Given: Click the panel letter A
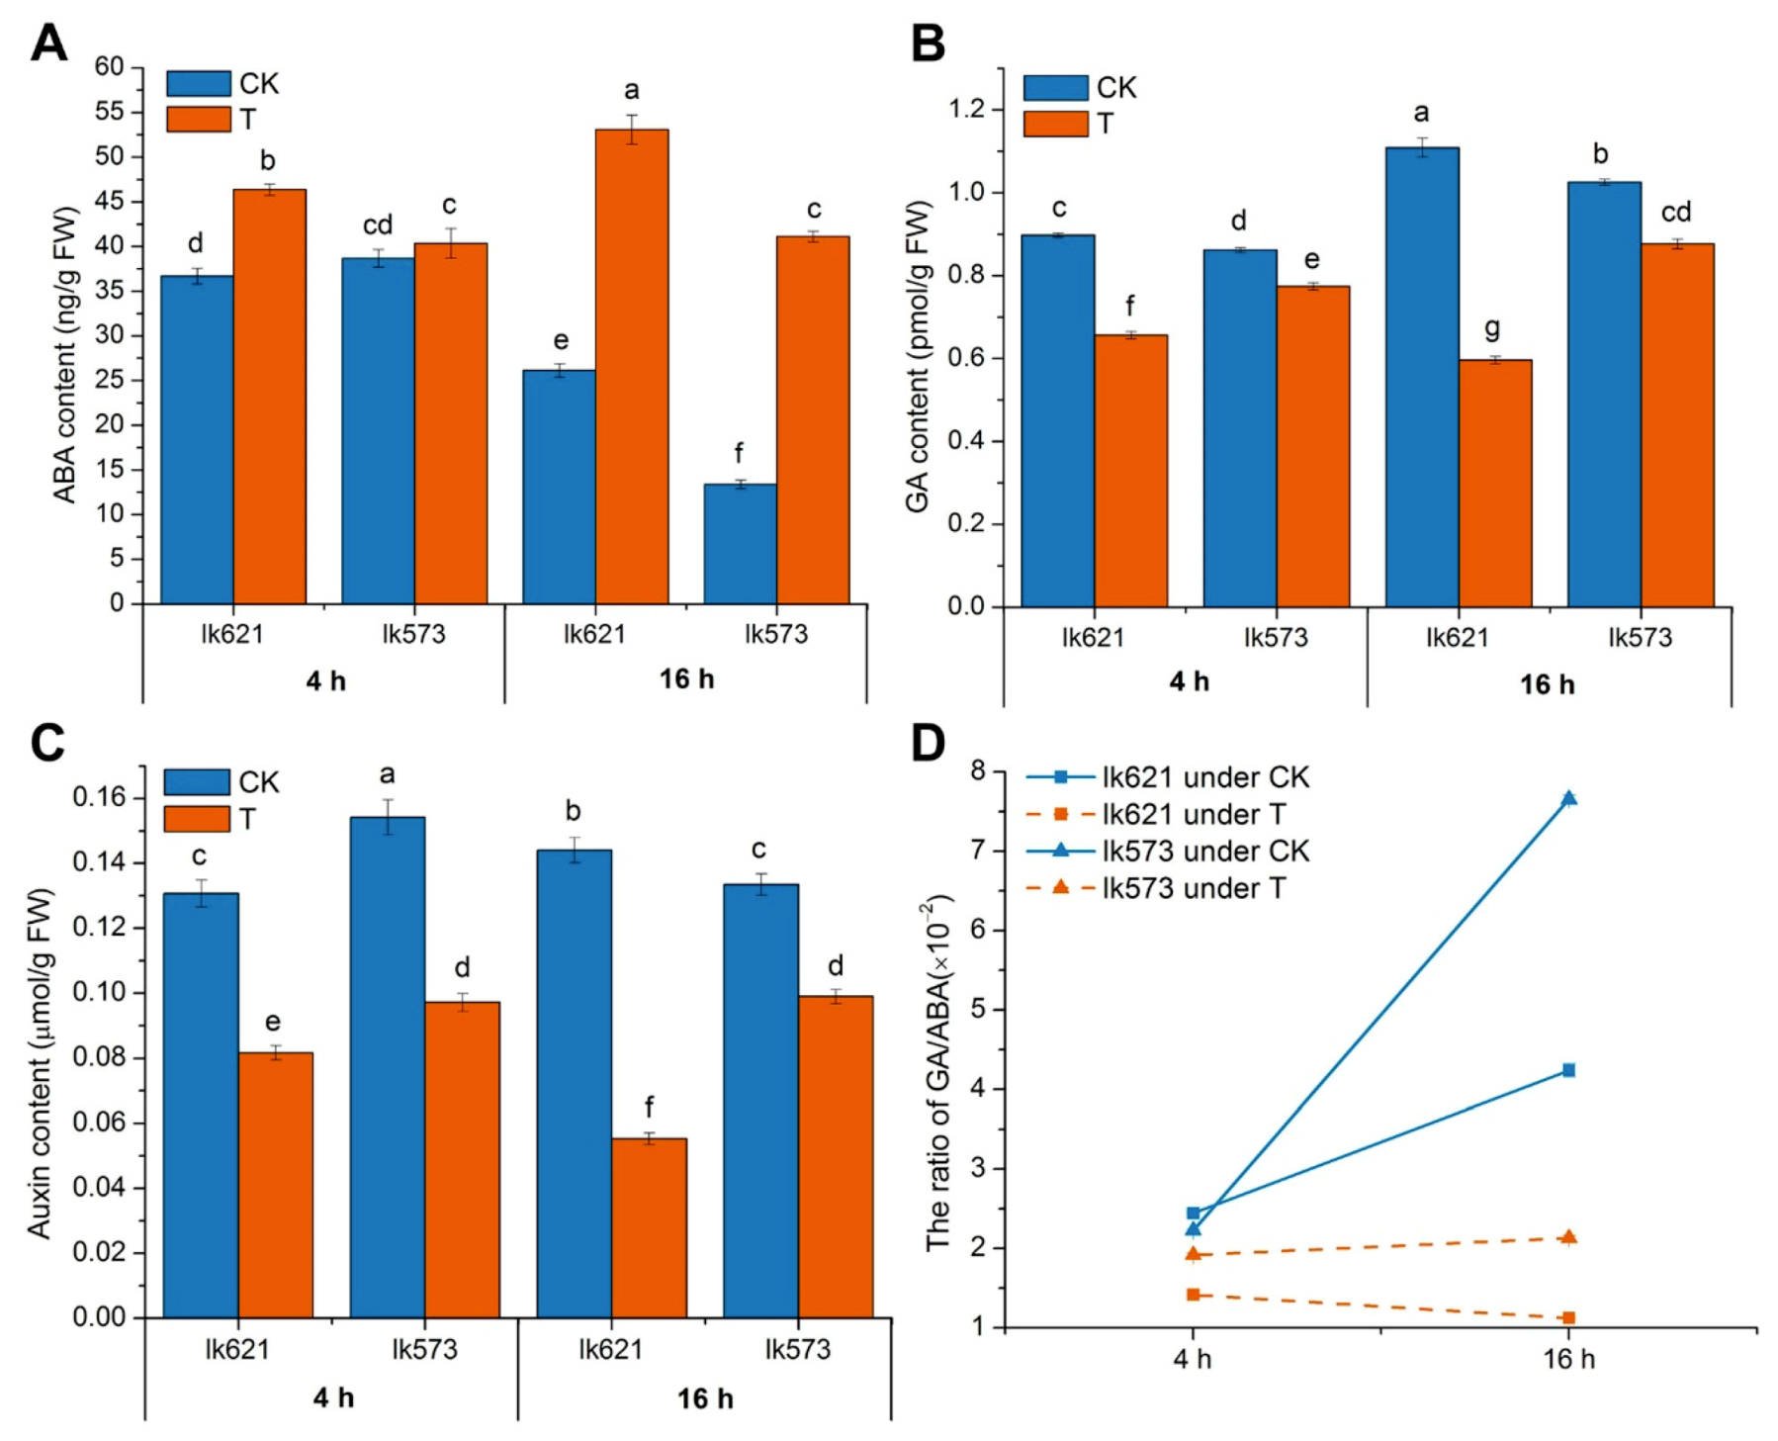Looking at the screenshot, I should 49,44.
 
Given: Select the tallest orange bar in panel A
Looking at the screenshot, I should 631,366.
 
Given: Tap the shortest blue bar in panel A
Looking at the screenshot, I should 740,543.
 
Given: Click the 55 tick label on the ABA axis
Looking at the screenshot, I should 109,112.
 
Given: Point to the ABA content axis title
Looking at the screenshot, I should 64,354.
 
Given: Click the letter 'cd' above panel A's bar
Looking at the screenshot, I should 378,225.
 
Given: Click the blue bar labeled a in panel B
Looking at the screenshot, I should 1421,376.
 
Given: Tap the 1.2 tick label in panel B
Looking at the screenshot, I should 968,109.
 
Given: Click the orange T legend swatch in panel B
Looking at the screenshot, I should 1055,124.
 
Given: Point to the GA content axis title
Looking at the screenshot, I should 918,356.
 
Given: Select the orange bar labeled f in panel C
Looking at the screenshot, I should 649,1227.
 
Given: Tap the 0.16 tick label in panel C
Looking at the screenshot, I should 101,797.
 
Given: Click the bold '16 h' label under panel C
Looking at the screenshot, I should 705,1398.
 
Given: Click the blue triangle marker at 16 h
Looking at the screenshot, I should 1568,798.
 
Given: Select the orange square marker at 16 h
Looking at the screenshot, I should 1568,1317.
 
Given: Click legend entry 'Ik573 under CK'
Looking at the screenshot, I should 1205,851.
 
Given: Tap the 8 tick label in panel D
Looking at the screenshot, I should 979,771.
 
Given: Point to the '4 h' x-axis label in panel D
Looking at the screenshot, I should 1193,1359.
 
